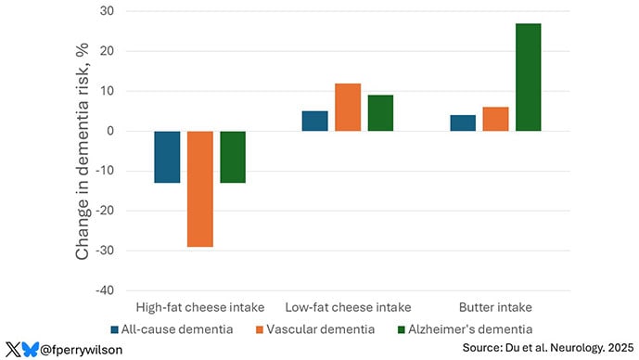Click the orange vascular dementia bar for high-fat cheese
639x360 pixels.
(200, 188)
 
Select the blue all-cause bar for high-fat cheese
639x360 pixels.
(167, 157)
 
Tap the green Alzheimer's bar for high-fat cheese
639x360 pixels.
(233, 157)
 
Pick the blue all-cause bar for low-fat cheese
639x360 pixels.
(314, 121)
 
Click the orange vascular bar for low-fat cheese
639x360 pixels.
(348, 107)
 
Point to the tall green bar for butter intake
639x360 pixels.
(528, 77)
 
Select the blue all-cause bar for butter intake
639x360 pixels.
(463, 122)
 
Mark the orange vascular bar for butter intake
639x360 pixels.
(495, 119)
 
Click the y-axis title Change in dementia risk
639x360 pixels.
(83, 151)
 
